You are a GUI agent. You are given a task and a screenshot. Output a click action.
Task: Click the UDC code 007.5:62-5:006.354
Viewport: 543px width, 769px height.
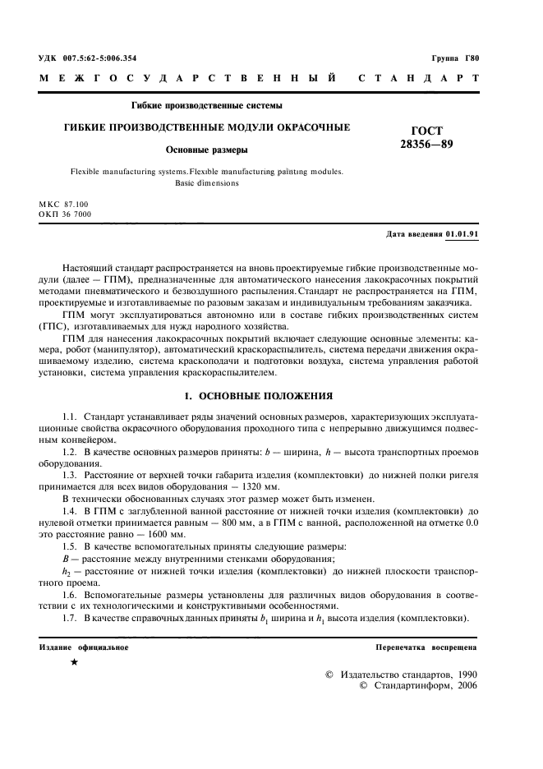[x=98, y=58]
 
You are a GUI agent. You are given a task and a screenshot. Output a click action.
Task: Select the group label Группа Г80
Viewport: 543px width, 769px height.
[x=454, y=58]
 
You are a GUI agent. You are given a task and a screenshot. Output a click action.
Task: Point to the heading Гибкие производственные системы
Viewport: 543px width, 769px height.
[x=207, y=105]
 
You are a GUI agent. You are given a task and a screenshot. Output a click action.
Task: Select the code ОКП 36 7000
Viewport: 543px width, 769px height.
[x=65, y=214]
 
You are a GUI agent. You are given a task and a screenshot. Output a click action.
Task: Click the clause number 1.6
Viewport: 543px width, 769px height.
[x=71, y=592]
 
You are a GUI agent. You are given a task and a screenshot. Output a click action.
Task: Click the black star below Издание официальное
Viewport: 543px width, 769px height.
[x=74, y=662]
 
